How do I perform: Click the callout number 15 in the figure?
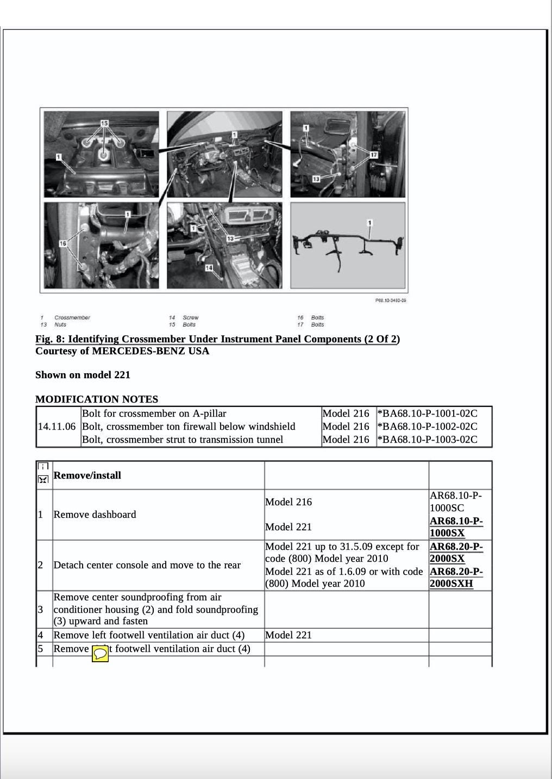click(104, 123)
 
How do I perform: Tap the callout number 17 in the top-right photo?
click(373, 155)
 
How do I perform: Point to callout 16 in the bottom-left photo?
click(63, 243)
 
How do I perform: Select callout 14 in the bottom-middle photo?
click(209, 267)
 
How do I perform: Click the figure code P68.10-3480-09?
click(391, 300)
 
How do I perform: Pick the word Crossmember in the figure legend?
click(72, 318)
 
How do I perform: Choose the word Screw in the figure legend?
click(191, 318)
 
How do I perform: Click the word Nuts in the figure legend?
click(60, 325)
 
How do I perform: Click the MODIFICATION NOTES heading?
click(97, 399)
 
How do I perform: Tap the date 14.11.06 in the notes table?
click(57, 426)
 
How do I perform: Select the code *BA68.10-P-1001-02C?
click(427, 413)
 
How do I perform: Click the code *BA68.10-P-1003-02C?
click(427, 439)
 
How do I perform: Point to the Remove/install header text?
click(87, 475)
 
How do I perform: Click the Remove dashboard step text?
click(95, 514)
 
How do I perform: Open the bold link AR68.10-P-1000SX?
click(456, 527)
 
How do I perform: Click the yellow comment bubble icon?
click(100, 654)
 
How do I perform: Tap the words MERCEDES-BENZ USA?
click(150, 351)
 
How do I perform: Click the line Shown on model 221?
click(83, 375)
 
